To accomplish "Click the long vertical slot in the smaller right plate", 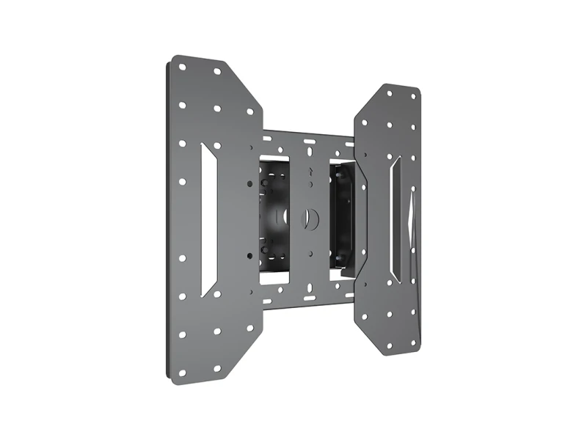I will [x=396, y=220].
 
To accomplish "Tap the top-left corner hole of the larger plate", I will [x=182, y=67].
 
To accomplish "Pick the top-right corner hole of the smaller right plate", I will [x=415, y=96].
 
